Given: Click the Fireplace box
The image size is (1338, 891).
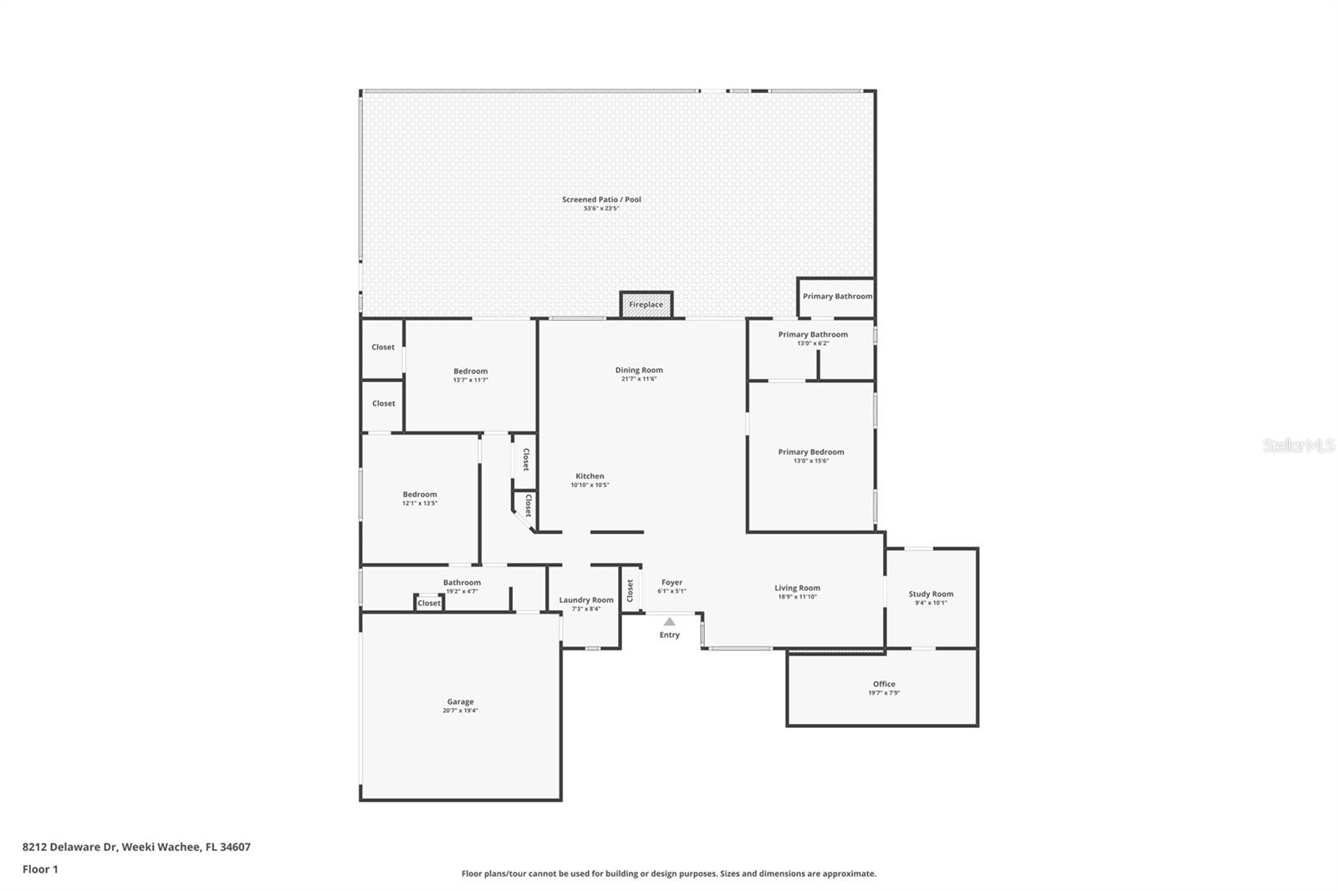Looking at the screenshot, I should click(646, 304).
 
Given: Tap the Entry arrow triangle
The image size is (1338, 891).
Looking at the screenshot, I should click(669, 622).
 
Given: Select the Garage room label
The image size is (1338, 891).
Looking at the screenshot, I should click(460, 702).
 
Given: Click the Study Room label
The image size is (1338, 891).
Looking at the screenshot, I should click(931, 594).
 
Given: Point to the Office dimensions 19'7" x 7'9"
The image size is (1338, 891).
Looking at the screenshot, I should click(884, 693).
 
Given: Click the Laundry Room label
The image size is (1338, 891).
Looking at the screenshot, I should click(586, 600).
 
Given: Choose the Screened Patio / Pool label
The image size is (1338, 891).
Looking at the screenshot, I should click(601, 200).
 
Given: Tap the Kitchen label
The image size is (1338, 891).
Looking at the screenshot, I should click(590, 476).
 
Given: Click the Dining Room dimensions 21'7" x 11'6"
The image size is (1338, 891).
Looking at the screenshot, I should click(639, 379).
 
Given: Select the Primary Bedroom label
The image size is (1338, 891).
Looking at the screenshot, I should click(811, 452).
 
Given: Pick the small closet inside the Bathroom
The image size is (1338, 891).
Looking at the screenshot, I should click(429, 603).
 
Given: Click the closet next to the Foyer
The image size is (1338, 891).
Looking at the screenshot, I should click(631, 589).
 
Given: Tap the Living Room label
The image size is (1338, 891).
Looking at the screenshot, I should click(797, 588).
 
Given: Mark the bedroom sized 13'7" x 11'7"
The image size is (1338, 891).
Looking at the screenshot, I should click(470, 374).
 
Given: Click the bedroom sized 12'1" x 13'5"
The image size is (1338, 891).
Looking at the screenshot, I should click(420, 498).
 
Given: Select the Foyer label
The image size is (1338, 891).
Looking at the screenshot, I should click(672, 583).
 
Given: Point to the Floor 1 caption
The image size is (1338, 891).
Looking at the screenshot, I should click(40, 869).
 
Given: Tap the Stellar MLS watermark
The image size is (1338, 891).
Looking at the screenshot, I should click(1298, 446).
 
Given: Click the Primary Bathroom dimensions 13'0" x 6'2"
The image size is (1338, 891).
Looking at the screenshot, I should click(813, 344).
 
